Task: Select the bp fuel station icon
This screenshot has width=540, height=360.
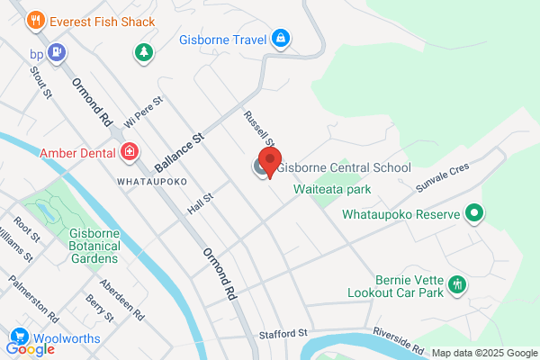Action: (x=58, y=52)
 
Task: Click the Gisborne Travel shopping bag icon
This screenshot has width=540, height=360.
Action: (x=282, y=38)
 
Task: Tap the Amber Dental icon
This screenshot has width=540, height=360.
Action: (x=130, y=151)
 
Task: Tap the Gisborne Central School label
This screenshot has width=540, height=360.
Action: (x=343, y=167)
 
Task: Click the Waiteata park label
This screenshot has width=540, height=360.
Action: (x=332, y=189)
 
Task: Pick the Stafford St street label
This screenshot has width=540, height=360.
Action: (x=284, y=333)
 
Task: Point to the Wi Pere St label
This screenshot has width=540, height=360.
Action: (x=143, y=111)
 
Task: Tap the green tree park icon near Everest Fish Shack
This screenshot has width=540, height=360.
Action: (x=143, y=52)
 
